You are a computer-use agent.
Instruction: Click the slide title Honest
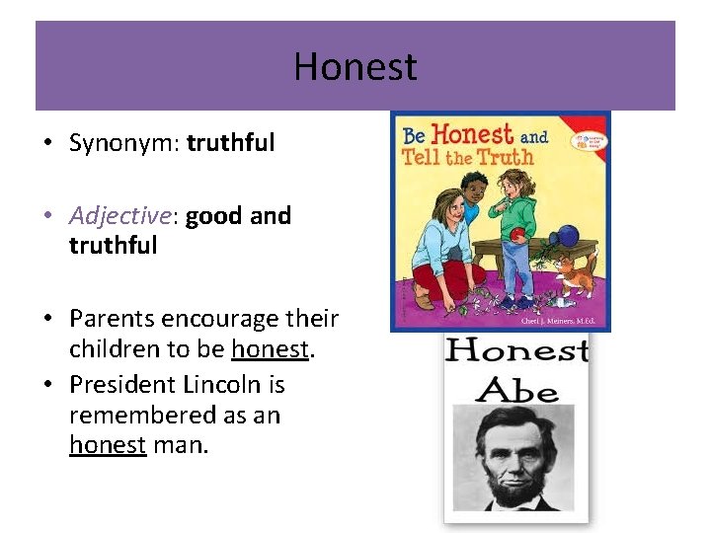(x=355, y=67)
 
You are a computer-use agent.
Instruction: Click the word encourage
(x=222, y=319)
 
